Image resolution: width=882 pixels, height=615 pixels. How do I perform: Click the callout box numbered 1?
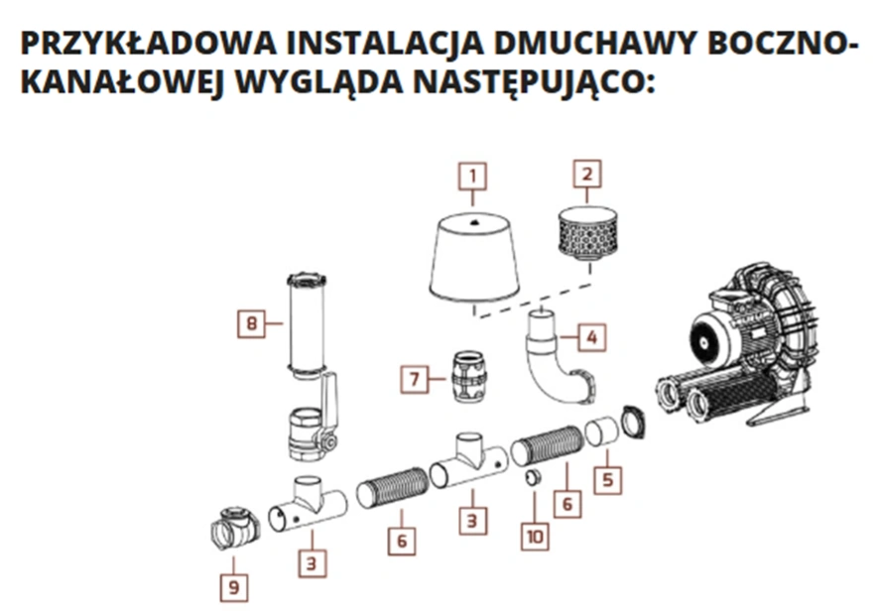click(473, 178)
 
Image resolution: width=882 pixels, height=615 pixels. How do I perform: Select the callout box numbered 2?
click(588, 176)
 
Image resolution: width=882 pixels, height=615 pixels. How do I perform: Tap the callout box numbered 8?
click(253, 323)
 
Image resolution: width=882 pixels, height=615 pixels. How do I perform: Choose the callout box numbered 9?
click(234, 587)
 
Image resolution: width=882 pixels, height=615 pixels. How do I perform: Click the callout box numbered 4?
click(592, 337)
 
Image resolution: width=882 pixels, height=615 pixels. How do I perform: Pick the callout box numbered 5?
click(608, 479)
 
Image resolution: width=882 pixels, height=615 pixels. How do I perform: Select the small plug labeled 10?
click(533, 480)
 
